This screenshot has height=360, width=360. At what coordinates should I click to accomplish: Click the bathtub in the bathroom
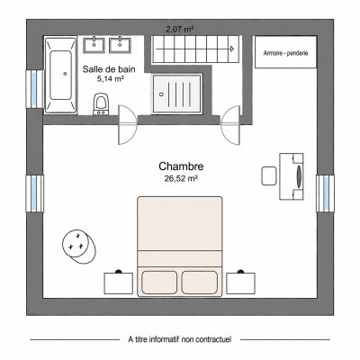60,75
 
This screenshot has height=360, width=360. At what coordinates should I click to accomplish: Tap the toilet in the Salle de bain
101,104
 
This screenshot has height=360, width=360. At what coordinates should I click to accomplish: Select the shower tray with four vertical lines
176,94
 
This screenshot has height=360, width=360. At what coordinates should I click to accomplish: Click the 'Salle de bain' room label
109,69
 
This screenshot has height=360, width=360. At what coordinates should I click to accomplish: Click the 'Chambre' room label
181,166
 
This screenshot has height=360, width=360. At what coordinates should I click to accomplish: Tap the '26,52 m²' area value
181,178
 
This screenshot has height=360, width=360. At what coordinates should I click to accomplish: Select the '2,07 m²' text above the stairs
179,30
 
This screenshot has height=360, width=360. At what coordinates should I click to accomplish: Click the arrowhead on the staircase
232,49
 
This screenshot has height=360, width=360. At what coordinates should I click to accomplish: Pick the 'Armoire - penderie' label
285,53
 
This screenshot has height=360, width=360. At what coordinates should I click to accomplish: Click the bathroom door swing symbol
128,125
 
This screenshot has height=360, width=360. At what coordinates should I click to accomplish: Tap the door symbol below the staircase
230,125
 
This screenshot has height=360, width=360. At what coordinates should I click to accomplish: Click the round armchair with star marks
79,246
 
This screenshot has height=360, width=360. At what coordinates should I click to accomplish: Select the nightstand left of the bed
119,283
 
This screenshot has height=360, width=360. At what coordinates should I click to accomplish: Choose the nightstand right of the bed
240,283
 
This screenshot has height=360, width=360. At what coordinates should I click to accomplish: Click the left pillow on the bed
159,283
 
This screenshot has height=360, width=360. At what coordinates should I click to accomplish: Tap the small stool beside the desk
269,175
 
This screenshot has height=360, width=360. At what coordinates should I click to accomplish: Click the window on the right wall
325,193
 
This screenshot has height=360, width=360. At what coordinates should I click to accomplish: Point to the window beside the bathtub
34,89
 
